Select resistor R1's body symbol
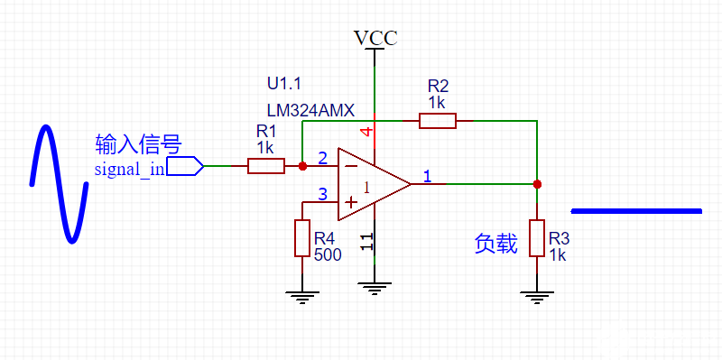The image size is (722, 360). coord(265,165)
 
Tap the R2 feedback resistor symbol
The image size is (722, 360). coord(437,120)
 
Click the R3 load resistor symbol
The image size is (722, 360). coord(537,238)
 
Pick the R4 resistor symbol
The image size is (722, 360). coord(302,238)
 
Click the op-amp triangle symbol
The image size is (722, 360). coord(370,184)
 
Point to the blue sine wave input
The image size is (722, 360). coord(60,184)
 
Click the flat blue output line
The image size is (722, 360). coord(636,211)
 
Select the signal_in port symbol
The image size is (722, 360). coord(184,165)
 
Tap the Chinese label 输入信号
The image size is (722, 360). coord(139,144)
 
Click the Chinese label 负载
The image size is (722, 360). coord(495,243)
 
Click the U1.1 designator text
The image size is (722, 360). coord(285,83)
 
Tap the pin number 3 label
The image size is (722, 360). coord(323,194)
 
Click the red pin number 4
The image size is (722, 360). coord(366,132)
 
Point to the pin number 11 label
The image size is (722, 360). coord(366,241)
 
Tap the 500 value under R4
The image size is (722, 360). coord(328,254)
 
